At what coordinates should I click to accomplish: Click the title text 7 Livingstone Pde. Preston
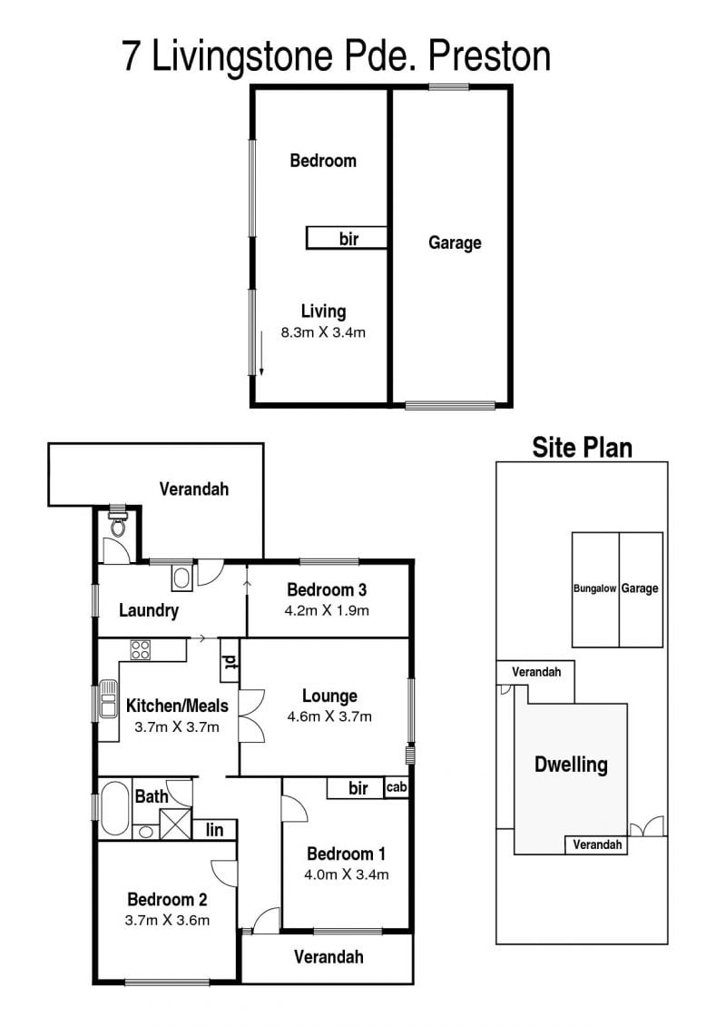tap(336, 57)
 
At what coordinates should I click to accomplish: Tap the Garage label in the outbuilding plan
tap(455, 243)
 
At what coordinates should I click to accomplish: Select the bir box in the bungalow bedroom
tap(347, 238)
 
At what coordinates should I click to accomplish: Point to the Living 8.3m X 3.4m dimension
tap(323, 332)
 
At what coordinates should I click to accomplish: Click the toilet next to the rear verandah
tap(119, 523)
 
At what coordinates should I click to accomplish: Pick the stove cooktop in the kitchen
tap(140, 649)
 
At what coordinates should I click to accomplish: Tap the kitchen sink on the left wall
tap(108, 699)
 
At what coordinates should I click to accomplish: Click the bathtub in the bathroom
tap(114, 807)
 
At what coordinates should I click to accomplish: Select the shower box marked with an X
tap(176, 824)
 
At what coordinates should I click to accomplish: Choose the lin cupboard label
tap(214, 830)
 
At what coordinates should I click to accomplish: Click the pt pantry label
tap(229, 662)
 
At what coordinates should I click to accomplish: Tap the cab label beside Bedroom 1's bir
tap(396, 786)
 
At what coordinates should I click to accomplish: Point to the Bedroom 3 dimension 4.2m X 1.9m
tap(327, 610)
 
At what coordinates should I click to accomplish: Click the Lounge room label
tap(329, 696)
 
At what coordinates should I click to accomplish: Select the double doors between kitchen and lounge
tap(250, 716)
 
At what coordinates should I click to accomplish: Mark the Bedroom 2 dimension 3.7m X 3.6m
tap(167, 920)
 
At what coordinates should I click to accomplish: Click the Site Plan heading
tap(582, 448)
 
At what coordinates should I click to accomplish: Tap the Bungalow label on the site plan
tap(594, 588)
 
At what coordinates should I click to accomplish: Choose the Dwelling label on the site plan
tap(571, 765)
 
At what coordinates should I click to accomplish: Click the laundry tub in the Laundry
tap(182, 578)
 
